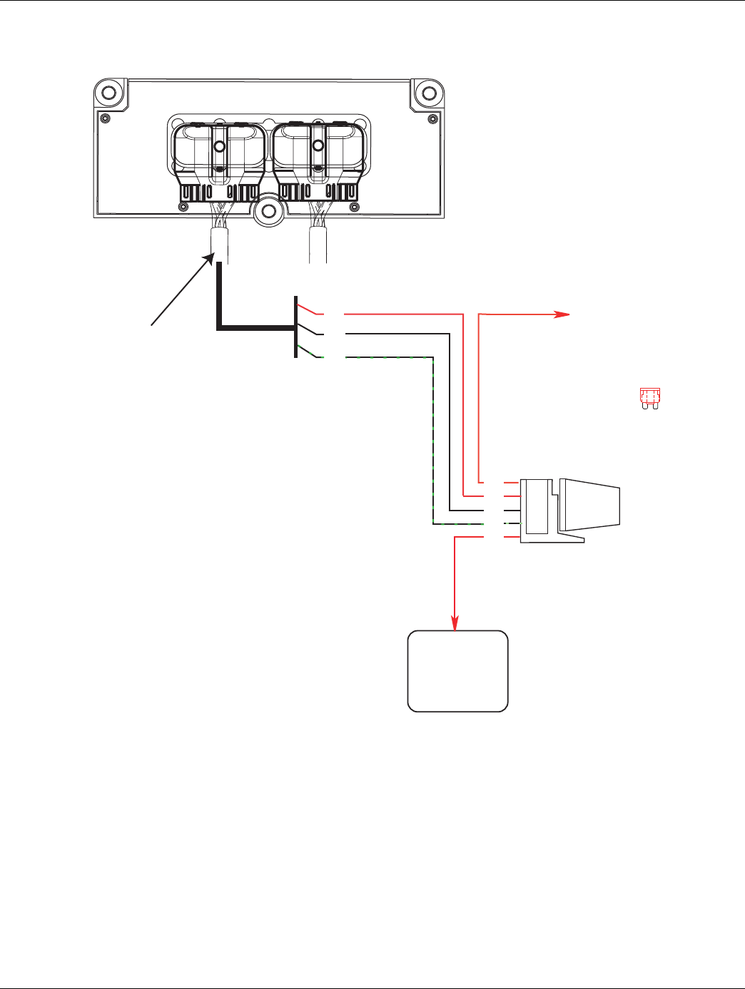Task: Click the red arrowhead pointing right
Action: point(563,314)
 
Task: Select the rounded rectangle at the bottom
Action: point(457,671)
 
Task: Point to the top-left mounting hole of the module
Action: point(109,93)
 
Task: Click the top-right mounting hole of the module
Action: point(427,93)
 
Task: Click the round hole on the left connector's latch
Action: point(220,146)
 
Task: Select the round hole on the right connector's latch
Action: point(318,146)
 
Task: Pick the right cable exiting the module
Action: point(318,246)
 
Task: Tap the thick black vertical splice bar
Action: point(295,327)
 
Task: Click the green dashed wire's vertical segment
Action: point(433,442)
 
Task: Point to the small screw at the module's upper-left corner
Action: point(106,118)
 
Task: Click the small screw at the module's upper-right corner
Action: point(432,118)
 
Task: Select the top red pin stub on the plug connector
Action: point(511,483)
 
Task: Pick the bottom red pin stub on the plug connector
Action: point(511,537)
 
